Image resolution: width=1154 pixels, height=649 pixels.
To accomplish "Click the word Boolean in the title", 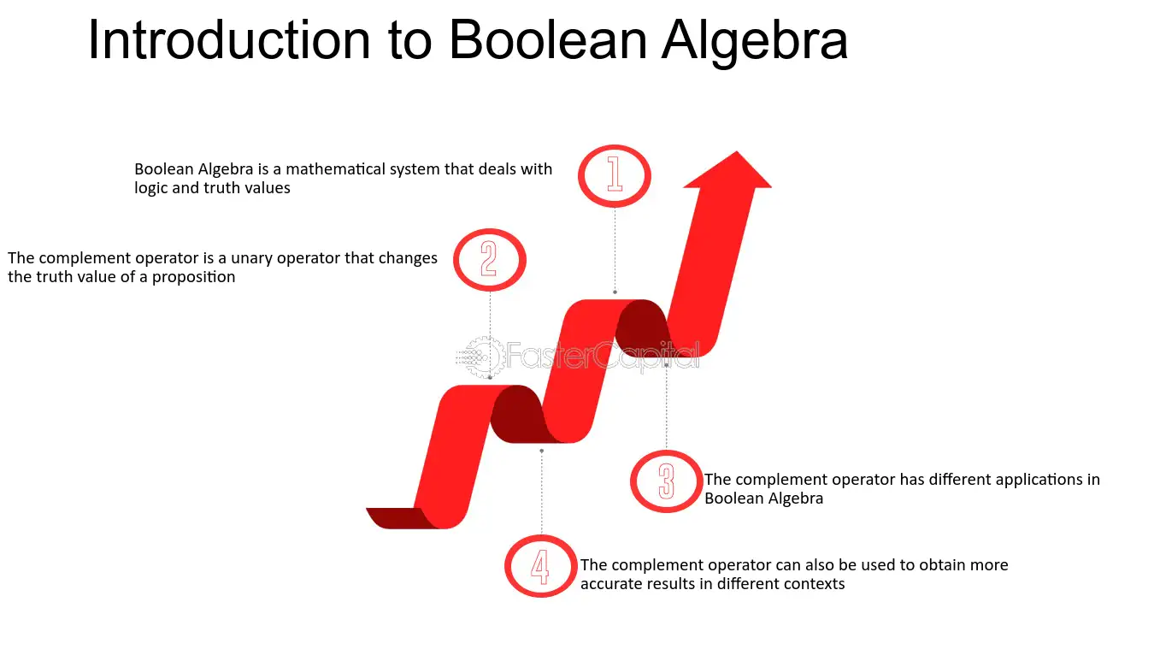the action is tap(548, 40).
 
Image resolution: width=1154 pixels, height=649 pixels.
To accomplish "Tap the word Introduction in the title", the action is tap(229, 40).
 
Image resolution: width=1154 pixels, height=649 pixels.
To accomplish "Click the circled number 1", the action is tap(614, 176).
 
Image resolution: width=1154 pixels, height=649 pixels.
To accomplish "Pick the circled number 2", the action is tap(490, 260).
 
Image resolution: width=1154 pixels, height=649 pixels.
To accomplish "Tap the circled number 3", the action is tap(666, 481).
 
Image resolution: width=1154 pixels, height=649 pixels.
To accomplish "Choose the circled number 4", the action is tap(540, 566).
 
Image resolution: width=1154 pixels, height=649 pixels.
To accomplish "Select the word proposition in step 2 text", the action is tap(193, 278).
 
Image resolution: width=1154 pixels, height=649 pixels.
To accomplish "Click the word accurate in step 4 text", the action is tap(611, 584).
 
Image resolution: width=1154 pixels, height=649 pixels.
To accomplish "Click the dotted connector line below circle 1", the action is tap(615, 250).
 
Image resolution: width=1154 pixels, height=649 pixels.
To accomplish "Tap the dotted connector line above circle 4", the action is tap(541, 493).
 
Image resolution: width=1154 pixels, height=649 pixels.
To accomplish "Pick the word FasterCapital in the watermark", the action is tap(603, 356).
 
